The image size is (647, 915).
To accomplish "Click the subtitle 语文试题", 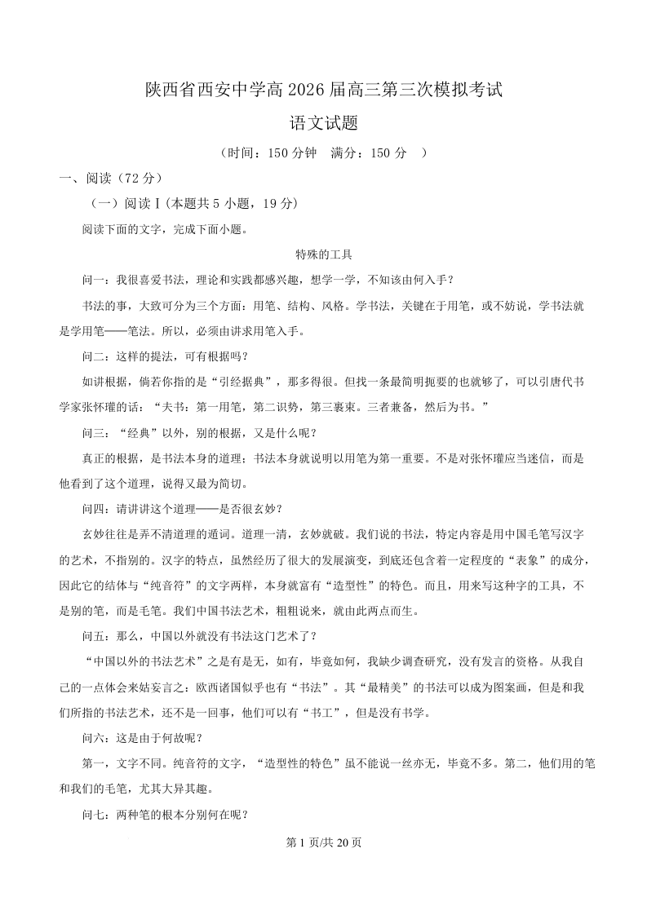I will click(323, 124).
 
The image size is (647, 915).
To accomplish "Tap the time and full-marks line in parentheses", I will click(323, 152).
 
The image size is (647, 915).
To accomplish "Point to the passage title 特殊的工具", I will click(323, 254).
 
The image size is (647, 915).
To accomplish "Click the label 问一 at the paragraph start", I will click(94, 280).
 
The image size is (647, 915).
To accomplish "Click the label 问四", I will click(94, 509).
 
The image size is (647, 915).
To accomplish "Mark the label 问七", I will click(94, 815).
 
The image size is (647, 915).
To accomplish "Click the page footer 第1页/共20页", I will click(323, 843).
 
